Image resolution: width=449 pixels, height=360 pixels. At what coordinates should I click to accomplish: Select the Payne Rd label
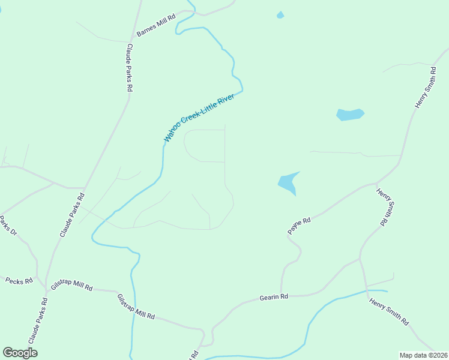click(298, 226)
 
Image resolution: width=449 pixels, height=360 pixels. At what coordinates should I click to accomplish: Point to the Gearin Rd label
click(274, 297)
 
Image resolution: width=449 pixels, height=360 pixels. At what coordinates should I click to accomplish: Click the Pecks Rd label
click(19, 280)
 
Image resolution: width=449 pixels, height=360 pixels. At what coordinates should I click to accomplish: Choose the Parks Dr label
click(7, 225)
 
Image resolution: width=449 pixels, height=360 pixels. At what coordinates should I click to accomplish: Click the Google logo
click(20, 353)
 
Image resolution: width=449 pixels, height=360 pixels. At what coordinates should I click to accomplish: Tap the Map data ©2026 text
click(423, 355)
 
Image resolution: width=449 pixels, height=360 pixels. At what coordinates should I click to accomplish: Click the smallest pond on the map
click(280, 15)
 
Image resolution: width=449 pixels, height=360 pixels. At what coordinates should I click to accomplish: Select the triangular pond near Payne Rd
click(289, 183)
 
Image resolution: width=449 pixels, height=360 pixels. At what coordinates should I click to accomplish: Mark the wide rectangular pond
click(350, 114)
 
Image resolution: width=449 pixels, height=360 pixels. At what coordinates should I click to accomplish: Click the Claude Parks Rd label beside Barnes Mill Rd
click(129, 67)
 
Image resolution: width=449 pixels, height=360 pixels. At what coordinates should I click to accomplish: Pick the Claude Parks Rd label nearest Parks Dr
click(72, 214)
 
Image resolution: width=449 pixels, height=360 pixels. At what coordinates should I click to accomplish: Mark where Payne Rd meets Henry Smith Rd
click(376, 183)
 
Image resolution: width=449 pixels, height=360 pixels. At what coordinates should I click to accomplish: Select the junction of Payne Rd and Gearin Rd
click(281, 293)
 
